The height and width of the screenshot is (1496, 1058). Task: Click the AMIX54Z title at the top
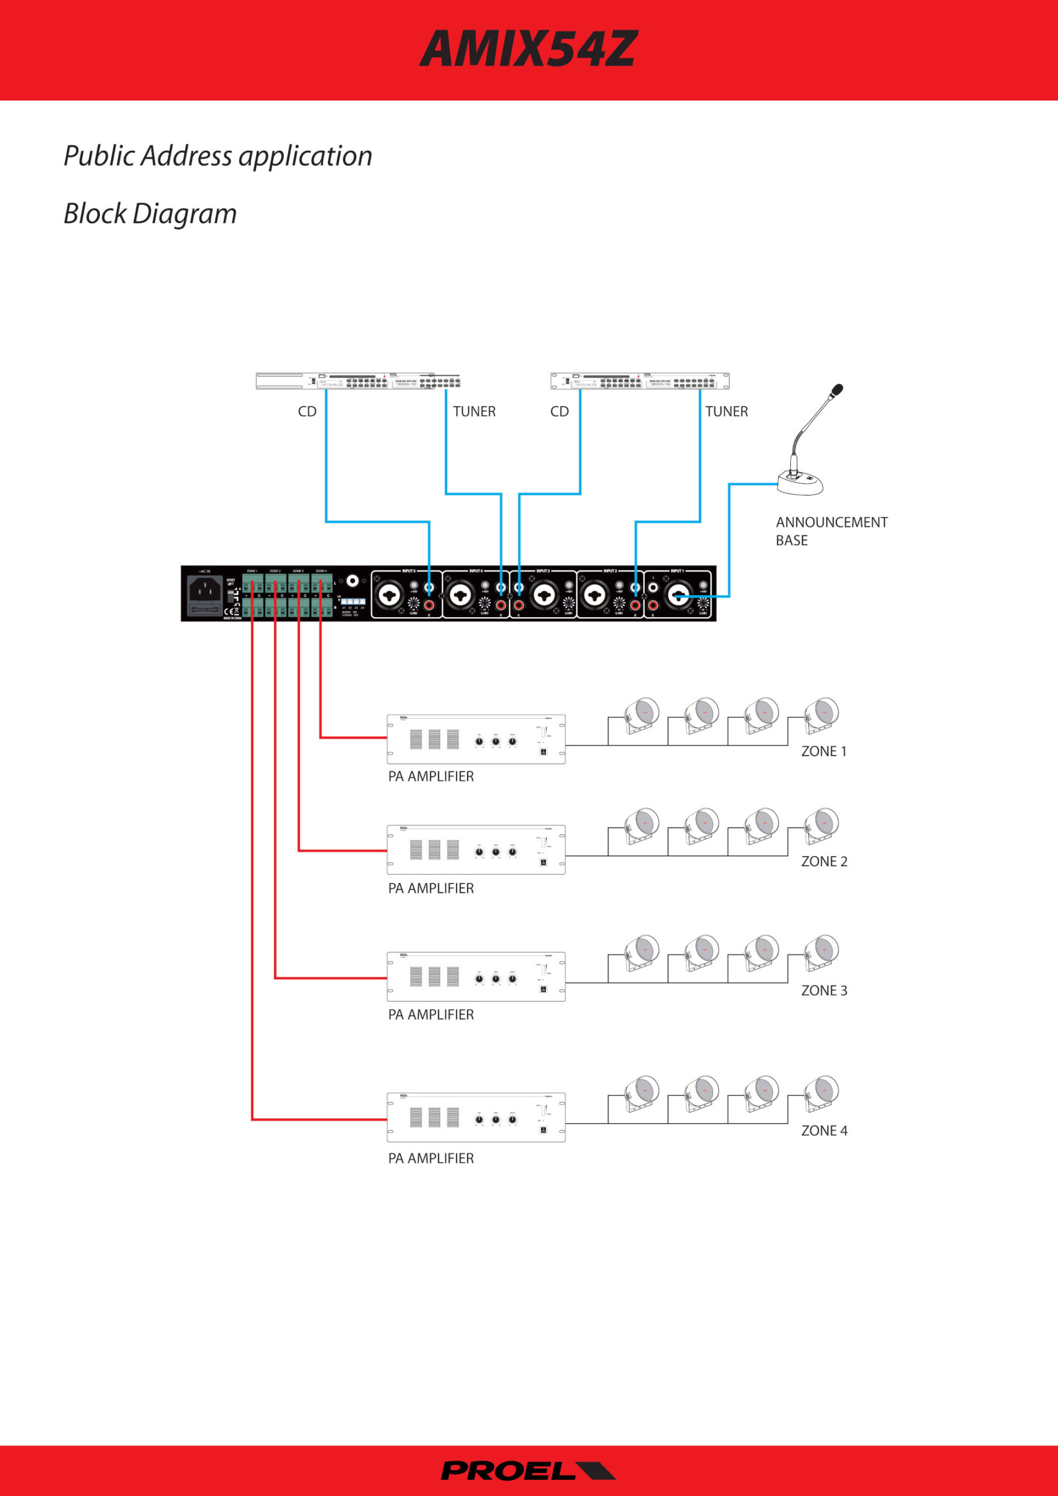point(528,50)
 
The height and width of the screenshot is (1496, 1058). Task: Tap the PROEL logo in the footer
point(528,1471)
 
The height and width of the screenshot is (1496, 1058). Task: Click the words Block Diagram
point(150,214)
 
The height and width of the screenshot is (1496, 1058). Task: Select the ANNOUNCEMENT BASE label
point(831,531)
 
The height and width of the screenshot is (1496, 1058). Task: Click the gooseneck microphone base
point(800,483)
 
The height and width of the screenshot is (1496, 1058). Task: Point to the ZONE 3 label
point(824,991)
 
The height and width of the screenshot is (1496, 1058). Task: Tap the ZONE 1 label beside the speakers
point(824,752)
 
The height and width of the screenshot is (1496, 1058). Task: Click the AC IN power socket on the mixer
point(205,590)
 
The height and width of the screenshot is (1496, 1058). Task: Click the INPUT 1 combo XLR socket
point(679,594)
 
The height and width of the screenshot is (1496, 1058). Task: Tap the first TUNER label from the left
point(474,412)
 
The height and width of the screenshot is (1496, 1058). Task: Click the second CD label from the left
point(559,412)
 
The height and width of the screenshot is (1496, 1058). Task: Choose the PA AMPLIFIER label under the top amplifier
point(431,777)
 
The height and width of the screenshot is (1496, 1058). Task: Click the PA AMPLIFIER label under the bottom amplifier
point(431,1158)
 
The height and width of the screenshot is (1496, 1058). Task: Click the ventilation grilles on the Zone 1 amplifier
point(434,739)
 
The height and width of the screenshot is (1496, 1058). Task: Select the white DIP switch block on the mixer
point(352,601)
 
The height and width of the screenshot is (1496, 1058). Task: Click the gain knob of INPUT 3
point(568,602)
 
